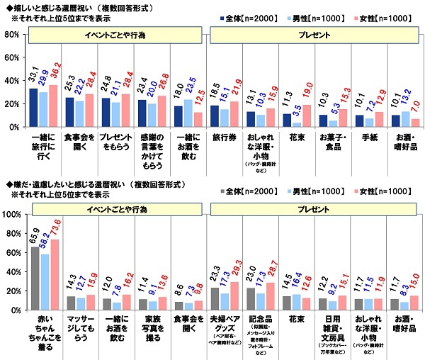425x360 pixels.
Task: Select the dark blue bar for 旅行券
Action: point(216,116)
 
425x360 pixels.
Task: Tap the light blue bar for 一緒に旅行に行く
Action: point(43,109)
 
